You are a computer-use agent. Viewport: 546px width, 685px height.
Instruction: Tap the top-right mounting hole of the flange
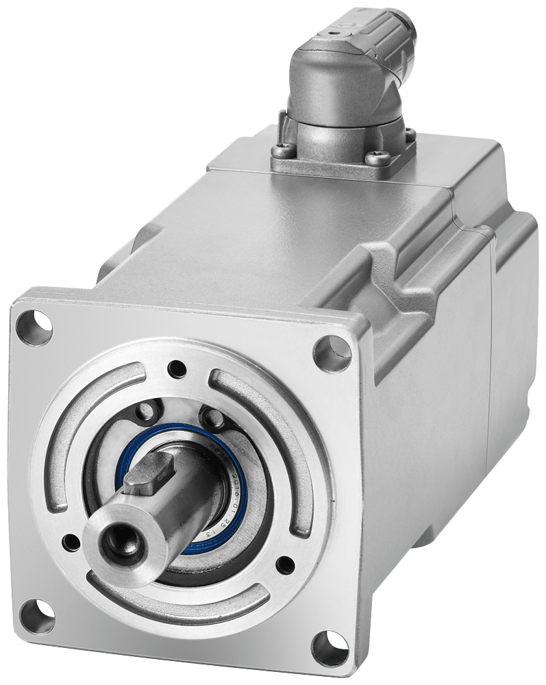(332, 353)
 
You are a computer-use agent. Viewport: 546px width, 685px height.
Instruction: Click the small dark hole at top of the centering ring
(179, 369)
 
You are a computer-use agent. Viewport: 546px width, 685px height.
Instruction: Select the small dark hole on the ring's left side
(69, 543)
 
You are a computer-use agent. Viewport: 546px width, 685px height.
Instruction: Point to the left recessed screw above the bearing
(145, 412)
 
